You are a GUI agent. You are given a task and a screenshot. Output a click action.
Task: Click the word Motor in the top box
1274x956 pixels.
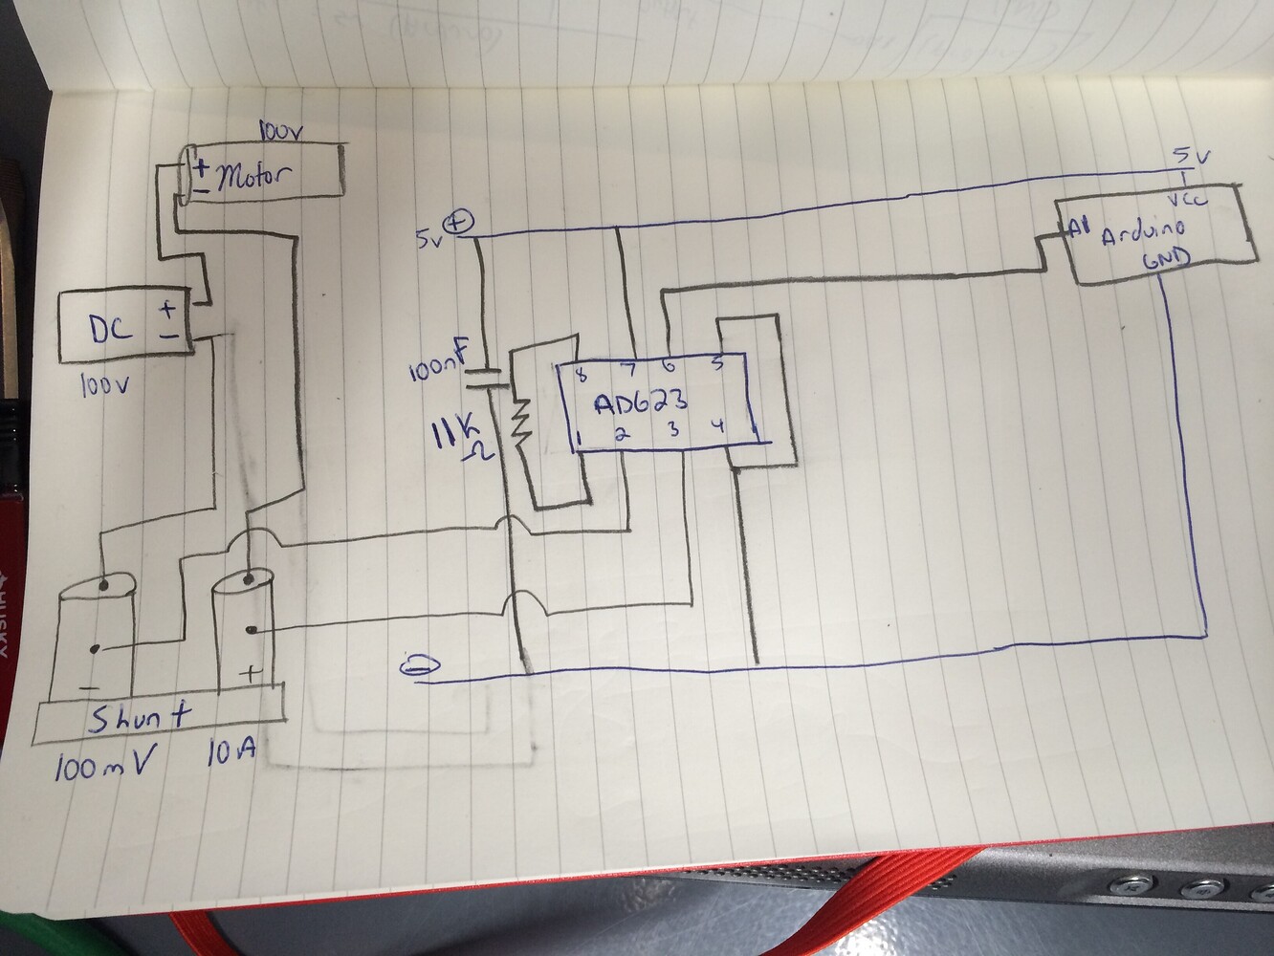pos(255,177)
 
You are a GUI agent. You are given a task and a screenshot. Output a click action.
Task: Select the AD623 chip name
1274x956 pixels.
pos(640,402)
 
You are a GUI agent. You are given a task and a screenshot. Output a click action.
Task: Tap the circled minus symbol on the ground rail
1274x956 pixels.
pos(416,664)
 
